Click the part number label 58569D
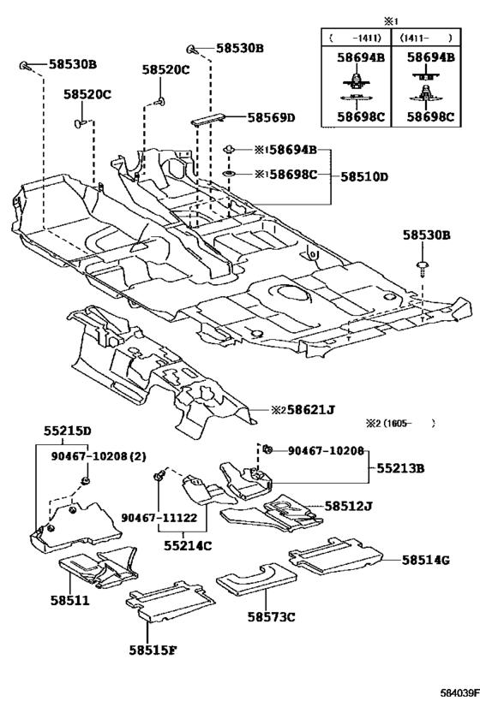click(272, 117)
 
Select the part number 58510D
click(364, 176)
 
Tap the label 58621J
click(311, 409)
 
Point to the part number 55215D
click(68, 431)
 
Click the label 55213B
click(400, 468)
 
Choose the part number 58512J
click(348, 506)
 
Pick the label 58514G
click(425, 560)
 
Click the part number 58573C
click(272, 617)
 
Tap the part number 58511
click(69, 600)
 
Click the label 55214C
click(188, 545)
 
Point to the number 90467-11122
click(159, 518)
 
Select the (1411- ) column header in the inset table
click(426, 39)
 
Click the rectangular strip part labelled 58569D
click(208, 120)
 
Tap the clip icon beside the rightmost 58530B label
click(422, 269)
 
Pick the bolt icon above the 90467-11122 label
click(159, 477)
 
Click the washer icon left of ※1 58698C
click(230, 174)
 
